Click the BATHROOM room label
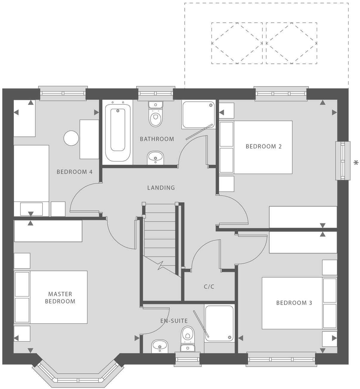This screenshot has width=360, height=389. coord(157,139)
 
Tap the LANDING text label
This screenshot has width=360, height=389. coord(161,188)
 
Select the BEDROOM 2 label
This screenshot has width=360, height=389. coord(263,146)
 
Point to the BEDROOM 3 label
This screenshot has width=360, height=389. coord(294,303)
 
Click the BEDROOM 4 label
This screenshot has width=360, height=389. coord(75,172)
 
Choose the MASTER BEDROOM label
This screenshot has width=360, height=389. coord(60,298)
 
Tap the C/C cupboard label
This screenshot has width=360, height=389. coord(209,287)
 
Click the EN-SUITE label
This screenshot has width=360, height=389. coord(174,321)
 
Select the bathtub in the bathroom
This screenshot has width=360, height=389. coord(117,131)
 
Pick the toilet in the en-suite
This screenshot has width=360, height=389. coord(187,336)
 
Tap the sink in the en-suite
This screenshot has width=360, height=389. coord(160,346)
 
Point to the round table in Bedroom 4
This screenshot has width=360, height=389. coord(72,138)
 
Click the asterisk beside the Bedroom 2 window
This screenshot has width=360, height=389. coord(356,163)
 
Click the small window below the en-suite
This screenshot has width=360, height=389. coord(187,359)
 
